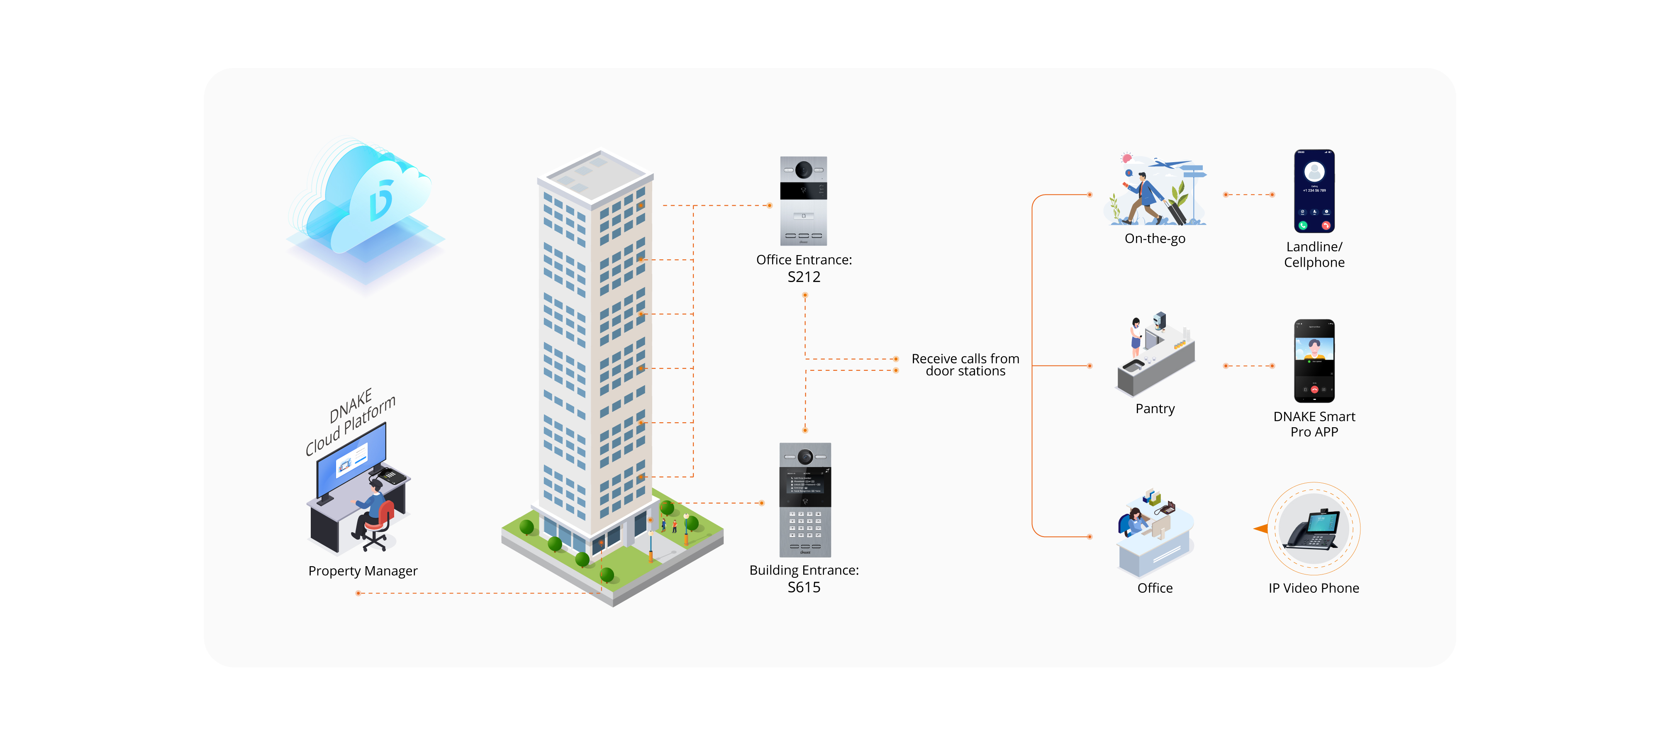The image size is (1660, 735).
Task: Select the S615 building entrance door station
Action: [805, 499]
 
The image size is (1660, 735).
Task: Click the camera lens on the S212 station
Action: [804, 170]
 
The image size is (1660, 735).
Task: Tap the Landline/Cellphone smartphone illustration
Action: [1314, 191]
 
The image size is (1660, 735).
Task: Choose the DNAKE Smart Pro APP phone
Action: [1314, 361]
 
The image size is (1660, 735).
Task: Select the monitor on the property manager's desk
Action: [351, 460]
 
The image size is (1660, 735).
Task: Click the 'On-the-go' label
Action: [1155, 239]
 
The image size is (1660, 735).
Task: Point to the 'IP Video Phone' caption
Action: [1313, 588]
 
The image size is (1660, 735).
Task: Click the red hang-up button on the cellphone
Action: [1326, 226]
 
